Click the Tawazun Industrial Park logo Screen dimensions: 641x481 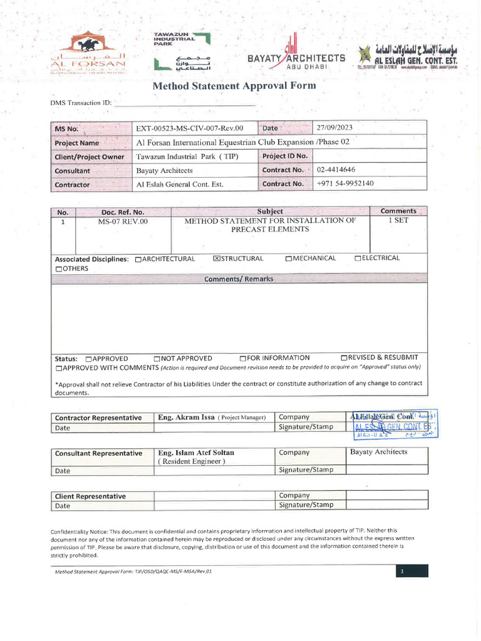182,51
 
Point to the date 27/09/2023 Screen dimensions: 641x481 334,127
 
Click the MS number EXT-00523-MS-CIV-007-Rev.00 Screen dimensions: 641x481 189,128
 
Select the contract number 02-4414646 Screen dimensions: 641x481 336,170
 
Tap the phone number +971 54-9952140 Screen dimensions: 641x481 345,183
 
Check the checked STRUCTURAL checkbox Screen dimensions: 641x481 217,259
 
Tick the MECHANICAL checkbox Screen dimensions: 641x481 288,259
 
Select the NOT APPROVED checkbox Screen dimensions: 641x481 157,359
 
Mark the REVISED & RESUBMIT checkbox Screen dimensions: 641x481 344,358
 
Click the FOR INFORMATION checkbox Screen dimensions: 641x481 242,359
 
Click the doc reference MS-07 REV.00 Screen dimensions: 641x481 122,221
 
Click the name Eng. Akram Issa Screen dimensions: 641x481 186,417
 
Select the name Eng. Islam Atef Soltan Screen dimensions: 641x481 196,452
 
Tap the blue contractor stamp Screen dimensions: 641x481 393,424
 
